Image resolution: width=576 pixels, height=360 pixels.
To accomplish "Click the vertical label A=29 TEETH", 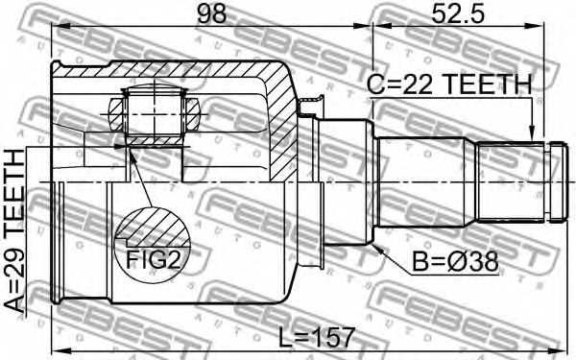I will point(16,231).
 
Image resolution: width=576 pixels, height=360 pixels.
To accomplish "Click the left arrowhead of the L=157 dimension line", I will point(56,349).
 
